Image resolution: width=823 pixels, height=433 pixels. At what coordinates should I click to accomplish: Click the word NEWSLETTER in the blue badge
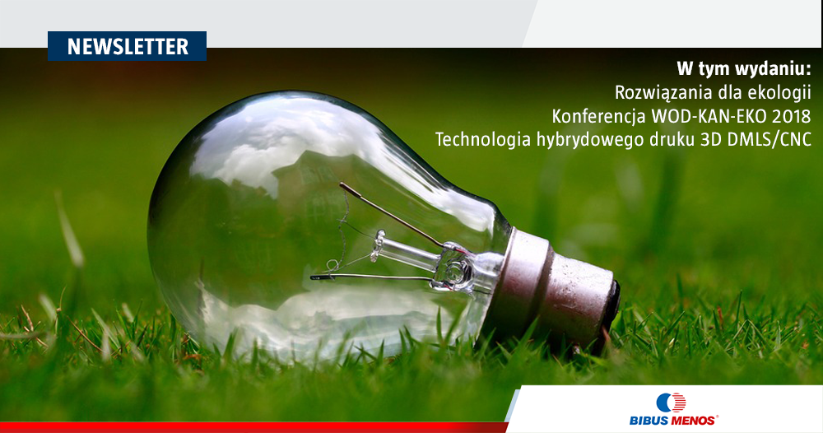tap(128, 46)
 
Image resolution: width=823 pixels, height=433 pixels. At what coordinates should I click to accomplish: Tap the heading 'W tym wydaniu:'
tap(743, 69)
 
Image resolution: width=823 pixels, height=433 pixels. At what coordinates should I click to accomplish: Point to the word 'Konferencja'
tap(598, 115)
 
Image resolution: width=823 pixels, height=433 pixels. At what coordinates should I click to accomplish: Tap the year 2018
tap(794, 115)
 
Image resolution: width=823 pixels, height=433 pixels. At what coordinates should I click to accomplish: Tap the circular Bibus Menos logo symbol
tap(670, 403)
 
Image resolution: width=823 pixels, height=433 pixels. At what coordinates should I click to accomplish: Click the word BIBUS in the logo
tap(649, 421)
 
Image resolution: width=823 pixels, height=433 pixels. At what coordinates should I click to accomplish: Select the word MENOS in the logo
tap(693, 421)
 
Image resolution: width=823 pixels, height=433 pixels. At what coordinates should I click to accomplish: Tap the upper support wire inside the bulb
tap(392, 215)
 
